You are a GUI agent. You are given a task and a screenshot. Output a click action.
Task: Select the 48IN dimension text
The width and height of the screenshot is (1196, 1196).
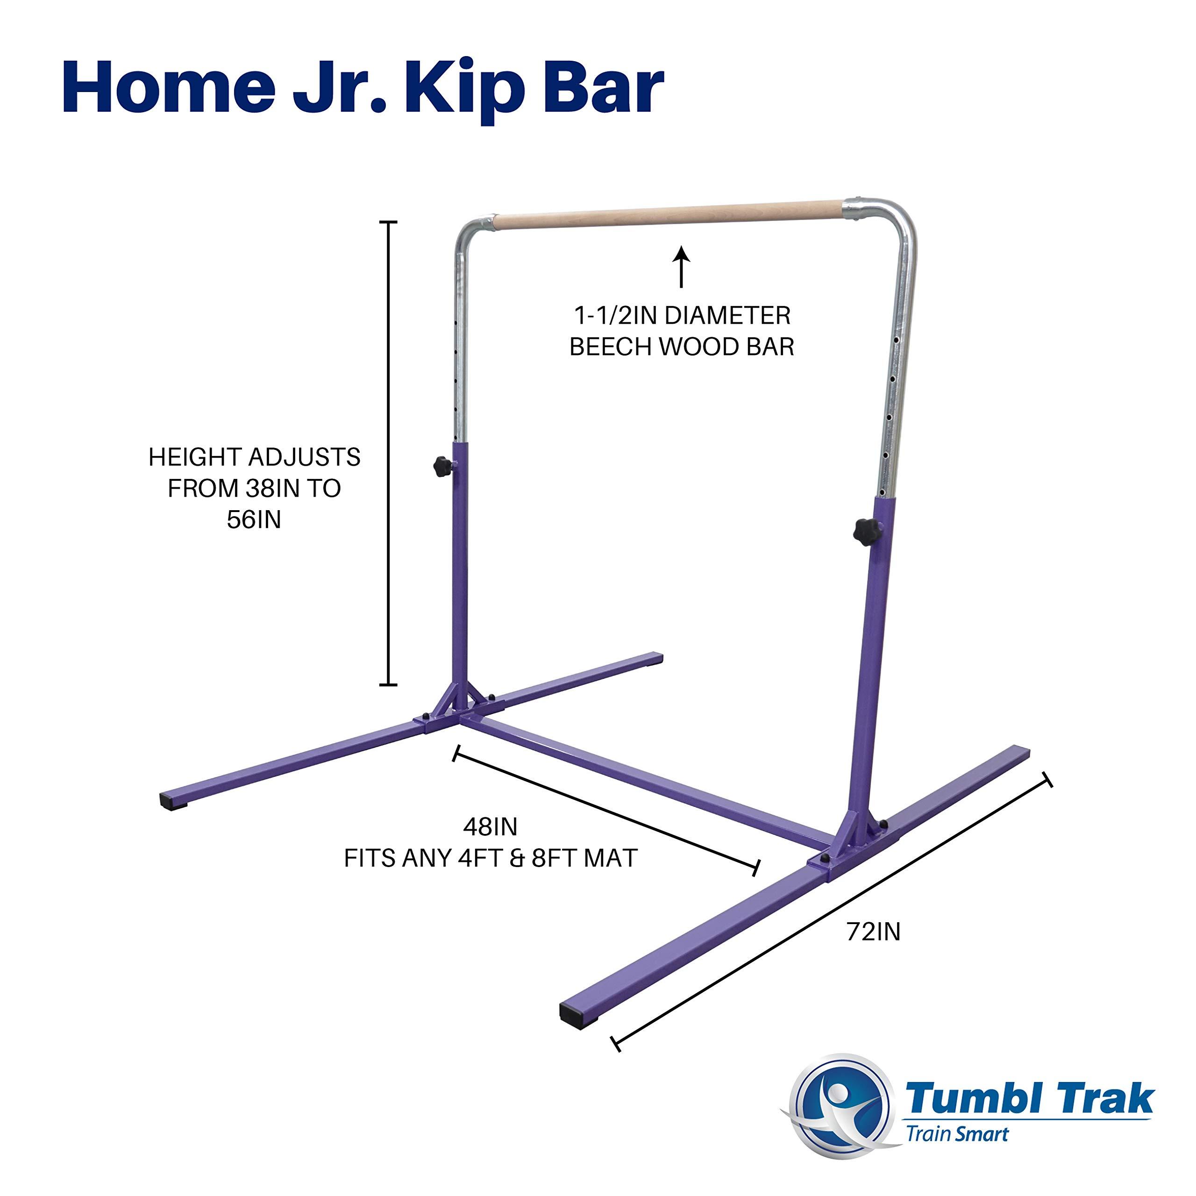490,826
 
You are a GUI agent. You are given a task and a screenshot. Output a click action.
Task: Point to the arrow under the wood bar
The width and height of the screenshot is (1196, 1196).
682,267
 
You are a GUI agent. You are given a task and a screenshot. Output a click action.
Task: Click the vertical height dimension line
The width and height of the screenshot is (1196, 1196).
388,453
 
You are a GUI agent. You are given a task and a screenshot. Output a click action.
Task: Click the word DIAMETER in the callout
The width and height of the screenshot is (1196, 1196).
727,316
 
